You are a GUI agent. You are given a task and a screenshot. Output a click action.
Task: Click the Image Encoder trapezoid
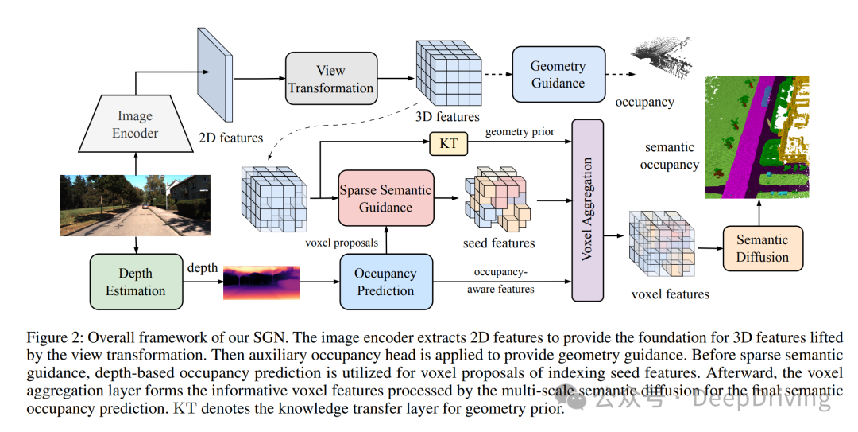[135, 124]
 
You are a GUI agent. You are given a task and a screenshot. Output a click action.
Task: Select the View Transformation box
[330, 79]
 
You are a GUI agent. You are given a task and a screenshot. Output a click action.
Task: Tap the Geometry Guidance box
[558, 74]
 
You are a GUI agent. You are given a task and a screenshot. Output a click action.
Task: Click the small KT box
[448, 144]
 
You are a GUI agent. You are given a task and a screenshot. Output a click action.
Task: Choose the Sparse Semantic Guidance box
[386, 199]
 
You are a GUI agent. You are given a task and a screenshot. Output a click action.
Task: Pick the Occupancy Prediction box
[386, 282]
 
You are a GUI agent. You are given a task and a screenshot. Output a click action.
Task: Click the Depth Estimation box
[136, 282]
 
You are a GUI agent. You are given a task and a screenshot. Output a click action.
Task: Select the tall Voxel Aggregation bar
[588, 210]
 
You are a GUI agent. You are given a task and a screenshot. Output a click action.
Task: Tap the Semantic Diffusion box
[763, 248]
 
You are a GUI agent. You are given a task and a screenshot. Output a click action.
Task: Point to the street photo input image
[136, 205]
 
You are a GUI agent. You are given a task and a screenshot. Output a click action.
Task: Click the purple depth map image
[262, 283]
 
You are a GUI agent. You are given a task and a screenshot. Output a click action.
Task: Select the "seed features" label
[499, 243]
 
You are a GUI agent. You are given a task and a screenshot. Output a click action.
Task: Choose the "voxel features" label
[670, 294]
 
